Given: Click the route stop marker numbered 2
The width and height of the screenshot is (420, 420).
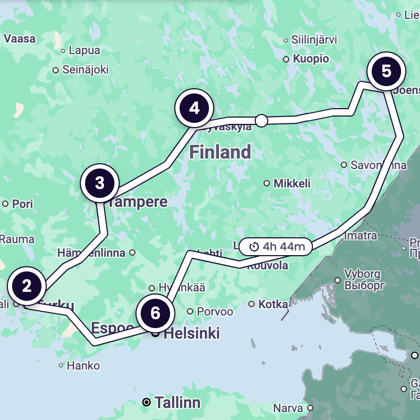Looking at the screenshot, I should [x=27, y=286].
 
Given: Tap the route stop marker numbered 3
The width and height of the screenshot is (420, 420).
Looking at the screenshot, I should [x=100, y=183].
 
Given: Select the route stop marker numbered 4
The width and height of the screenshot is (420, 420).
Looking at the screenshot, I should [x=194, y=109].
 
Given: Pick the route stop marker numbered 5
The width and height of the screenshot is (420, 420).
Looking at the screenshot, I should [x=386, y=71].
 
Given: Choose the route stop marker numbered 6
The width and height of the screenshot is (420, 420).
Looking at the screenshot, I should [x=155, y=313].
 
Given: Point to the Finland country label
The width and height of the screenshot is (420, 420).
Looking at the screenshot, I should [x=220, y=152].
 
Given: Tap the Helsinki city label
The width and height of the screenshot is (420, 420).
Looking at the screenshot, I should [x=192, y=333].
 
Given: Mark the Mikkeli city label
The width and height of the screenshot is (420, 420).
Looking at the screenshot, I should [x=292, y=183].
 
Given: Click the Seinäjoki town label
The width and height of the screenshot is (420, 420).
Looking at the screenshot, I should [x=85, y=69].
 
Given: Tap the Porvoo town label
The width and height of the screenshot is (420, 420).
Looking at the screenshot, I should [x=215, y=312].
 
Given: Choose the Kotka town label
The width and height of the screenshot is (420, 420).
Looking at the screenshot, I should [x=273, y=304].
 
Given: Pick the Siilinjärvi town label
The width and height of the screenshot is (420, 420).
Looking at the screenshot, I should [x=314, y=40].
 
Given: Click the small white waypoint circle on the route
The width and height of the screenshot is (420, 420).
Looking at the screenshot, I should [x=261, y=121].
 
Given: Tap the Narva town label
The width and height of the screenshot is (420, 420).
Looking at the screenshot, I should [x=288, y=408].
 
